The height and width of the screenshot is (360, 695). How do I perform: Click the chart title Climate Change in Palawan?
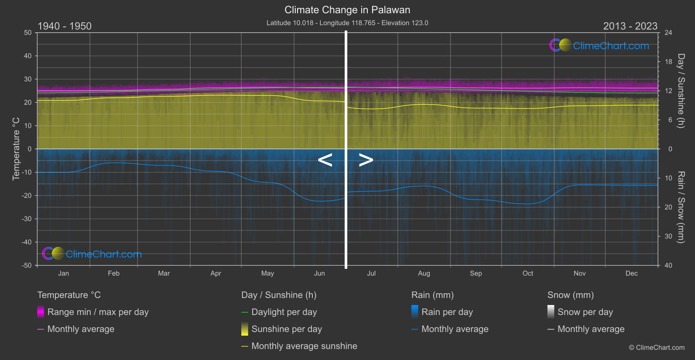[347, 10]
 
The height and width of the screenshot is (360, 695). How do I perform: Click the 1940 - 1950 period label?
[65, 26]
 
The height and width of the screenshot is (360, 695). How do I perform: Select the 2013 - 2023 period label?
[630, 26]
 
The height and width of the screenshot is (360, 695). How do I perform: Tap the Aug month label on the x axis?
[424, 273]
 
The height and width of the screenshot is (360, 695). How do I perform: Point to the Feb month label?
[113, 273]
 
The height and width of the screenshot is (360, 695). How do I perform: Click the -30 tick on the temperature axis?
[27, 219]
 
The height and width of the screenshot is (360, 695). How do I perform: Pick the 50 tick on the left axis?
[28, 33]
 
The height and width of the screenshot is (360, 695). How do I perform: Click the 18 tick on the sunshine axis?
[668, 62]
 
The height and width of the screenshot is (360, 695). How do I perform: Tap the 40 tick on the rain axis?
[668, 265]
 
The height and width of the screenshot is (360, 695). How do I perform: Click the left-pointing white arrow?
[325, 160]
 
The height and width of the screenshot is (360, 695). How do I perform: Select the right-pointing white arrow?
[366, 160]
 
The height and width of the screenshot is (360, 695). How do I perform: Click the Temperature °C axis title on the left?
[16, 149]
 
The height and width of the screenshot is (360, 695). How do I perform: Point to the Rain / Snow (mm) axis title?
[681, 207]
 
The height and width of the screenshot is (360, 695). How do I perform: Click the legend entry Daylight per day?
[284, 312]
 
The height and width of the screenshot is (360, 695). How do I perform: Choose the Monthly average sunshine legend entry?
[304, 346]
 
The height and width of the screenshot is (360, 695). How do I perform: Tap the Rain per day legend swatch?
[415, 312]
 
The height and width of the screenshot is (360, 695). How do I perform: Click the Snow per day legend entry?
[585, 312]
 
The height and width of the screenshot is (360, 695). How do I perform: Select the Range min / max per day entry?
[98, 312]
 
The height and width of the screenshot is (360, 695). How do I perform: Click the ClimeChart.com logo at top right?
[599, 45]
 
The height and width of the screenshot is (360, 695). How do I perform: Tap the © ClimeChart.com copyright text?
[657, 347]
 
